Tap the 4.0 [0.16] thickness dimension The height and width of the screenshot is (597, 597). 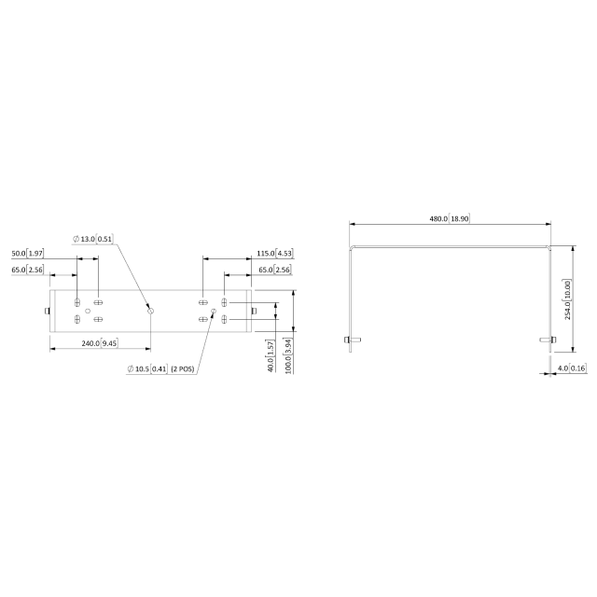[x=571, y=369]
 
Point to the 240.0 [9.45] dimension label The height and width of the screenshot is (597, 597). [x=97, y=343]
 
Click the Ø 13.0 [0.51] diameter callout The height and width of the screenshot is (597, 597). [x=92, y=239]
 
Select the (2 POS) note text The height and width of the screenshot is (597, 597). [x=182, y=369]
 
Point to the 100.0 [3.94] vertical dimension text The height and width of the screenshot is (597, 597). [x=289, y=355]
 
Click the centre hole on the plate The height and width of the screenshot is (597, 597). [x=149, y=311]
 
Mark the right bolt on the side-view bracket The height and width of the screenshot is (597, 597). [x=552, y=340]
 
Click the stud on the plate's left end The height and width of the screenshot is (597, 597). [x=47, y=311]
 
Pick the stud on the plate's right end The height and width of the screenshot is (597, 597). [x=254, y=311]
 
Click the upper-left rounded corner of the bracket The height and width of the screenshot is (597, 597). [x=353, y=248]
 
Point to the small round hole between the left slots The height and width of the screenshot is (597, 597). [x=88, y=311]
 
